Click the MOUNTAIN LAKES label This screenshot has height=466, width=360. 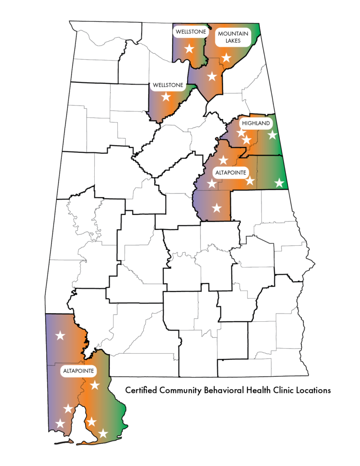pos(233,37)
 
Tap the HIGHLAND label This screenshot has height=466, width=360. pos(256,123)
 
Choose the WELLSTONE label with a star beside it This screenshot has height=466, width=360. pos(168,85)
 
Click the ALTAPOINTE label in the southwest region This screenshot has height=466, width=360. pos(79,371)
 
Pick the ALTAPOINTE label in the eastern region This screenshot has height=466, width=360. pos(231,172)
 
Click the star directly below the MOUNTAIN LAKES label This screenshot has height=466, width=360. pos(226,57)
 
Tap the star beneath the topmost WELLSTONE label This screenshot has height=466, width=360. pos(189,48)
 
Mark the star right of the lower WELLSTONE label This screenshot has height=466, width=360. pos(166,97)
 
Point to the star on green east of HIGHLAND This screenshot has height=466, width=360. pos(272,135)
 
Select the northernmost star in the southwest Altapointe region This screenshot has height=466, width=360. pos(60,336)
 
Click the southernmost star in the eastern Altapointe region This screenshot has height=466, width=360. pos(217,208)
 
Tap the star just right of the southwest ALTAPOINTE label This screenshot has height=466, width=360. pos(95,385)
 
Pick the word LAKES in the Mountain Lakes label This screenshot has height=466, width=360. pos(233,41)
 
